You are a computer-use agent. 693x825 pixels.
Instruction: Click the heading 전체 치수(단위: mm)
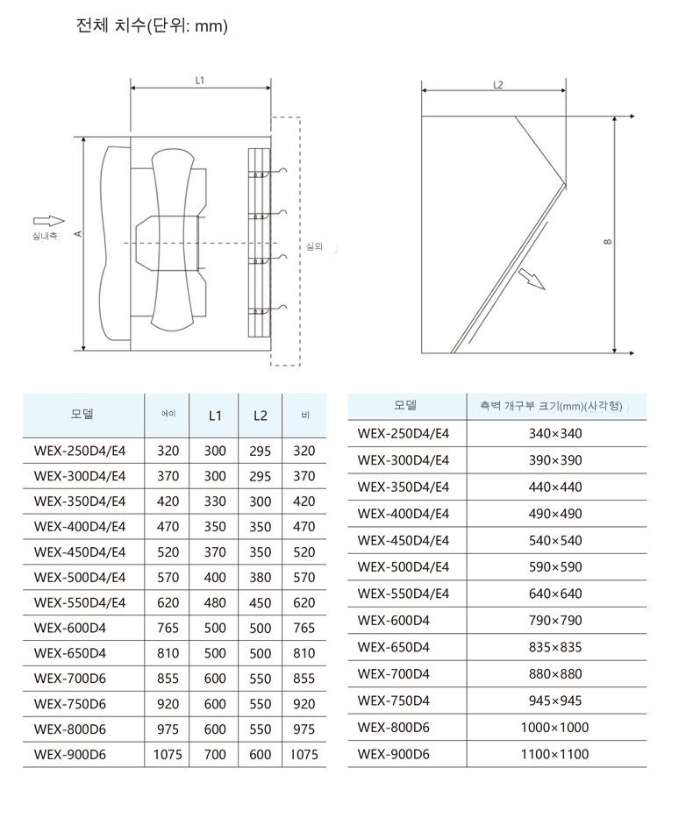tap(153, 26)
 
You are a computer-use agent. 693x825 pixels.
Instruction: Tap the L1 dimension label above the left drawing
tap(200, 80)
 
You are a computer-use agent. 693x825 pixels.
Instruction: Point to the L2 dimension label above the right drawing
tap(498, 84)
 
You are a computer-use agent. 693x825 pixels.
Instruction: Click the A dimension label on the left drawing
tap(77, 233)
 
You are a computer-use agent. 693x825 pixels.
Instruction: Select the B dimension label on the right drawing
tap(607, 241)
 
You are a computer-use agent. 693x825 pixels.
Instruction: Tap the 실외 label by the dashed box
tap(314, 247)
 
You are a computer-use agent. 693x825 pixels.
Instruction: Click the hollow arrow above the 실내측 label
tap(49, 221)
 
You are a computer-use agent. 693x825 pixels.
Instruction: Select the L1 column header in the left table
tap(215, 416)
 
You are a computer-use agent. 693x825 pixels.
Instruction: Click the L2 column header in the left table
tap(261, 416)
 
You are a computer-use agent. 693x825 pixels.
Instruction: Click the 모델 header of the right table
tap(405, 405)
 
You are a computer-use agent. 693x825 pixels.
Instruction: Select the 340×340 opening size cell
tap(555, 433)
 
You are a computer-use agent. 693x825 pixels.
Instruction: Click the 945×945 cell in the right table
tap(555, 701)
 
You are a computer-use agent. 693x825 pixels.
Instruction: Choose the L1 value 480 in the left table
tap(215, 602)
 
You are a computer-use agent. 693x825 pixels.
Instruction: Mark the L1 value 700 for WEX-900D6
tap(215, 754)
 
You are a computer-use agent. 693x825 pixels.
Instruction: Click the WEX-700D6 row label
tap(70, 679)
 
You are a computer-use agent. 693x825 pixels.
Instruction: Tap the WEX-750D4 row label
tap(394, 701)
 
